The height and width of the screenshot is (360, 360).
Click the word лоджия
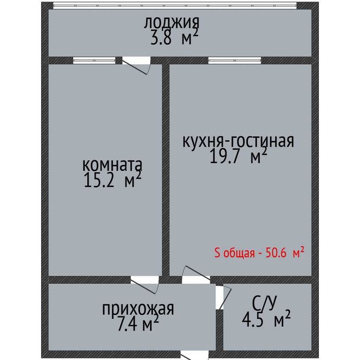(x=171, y=23)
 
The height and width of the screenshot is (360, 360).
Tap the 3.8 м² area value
(x=174, y=38)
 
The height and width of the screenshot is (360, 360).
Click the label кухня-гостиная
(x=238, y=141)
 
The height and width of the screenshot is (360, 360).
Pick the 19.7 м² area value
(x=238, y=156)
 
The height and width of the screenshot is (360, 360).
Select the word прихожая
(x=137, y=309)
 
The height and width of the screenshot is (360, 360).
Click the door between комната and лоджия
(x=136, y=65)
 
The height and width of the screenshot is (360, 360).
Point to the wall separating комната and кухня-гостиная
(x=166, y=170)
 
